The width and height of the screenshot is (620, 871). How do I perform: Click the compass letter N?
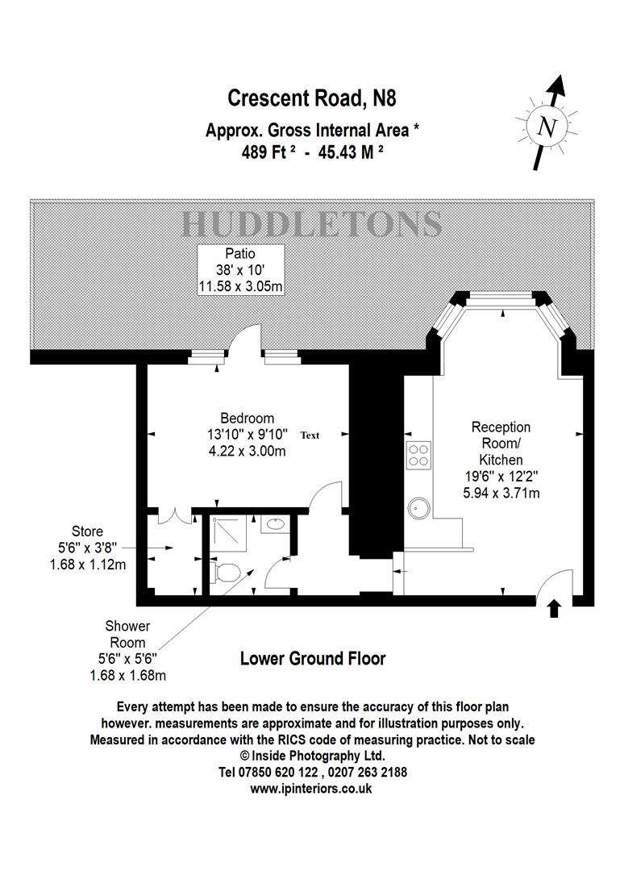click(548, 127)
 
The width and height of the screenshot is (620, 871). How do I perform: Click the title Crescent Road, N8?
click(312, 98)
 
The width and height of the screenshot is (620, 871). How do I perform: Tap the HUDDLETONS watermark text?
click(311, 223)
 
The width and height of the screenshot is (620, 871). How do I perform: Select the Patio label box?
click(240, 269)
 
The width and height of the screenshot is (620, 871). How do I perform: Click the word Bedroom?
click(247, 419)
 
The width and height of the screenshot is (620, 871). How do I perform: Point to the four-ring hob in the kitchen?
click(419, 456)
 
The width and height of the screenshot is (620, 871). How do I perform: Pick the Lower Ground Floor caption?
click(313, 659)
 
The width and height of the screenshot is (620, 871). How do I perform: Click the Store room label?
click(87, 531)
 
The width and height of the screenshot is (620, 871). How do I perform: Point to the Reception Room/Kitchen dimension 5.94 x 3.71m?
click(500, 493)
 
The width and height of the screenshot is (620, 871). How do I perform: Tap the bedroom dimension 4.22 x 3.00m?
click(247, 451)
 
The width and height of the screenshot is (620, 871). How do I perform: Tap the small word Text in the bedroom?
click(310, 435)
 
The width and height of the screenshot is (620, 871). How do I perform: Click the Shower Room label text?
click(127, 634)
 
